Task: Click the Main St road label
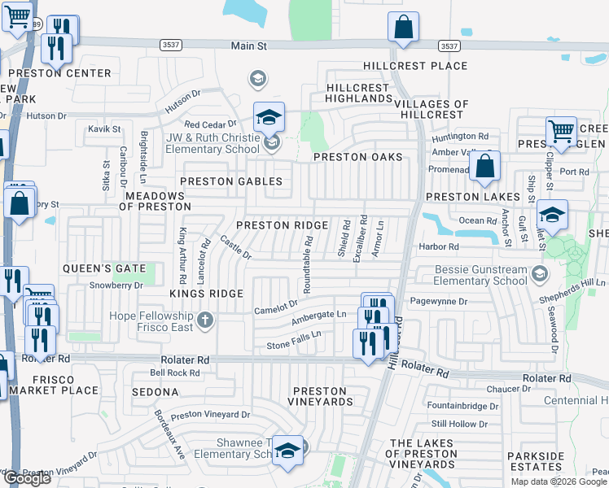(x=248, y=47)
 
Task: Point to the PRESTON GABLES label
(x=231, y=181)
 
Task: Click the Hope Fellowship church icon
(x=204, y=320)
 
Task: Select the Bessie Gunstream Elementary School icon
(x=539, y=274)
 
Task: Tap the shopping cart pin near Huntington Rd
(x=560, y=130)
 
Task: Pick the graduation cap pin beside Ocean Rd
(x=552, y=216)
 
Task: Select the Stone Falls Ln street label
(x=294, y=340)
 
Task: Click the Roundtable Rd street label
(x=308, y=264)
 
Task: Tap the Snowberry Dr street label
(x=116, y=285)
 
